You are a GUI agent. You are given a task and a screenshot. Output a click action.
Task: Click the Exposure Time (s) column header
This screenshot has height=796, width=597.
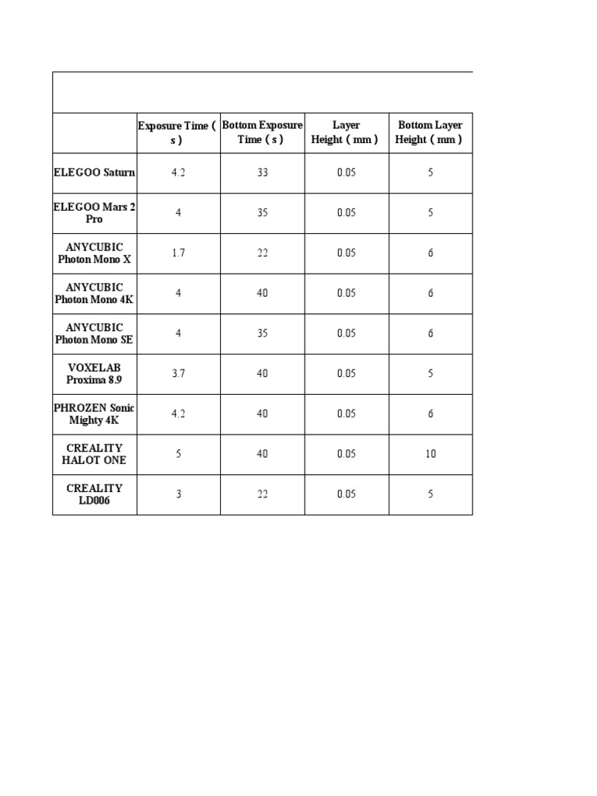tap(178, 133)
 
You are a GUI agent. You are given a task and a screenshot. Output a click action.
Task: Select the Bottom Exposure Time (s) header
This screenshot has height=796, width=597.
tap(262, 133)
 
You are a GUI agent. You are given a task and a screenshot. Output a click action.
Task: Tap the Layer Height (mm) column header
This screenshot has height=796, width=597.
tap(346, 133)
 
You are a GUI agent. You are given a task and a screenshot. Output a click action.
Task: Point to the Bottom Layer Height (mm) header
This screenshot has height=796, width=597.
tap(430, 133)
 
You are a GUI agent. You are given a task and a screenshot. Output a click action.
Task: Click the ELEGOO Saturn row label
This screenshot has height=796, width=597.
tap(94, 173)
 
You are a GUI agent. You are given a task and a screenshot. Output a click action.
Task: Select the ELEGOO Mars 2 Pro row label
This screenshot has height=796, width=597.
tap(94, 213)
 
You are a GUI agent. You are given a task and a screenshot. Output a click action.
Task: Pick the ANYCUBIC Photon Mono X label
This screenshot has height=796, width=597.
tap(94, 253)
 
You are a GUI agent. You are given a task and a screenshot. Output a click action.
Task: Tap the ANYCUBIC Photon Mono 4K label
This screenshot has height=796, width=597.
tap(94, 294)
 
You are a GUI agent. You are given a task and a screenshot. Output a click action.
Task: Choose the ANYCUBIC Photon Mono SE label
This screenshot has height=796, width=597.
tap(94, 333)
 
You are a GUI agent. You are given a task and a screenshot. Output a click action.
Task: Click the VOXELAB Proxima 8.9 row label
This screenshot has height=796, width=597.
tap(94, 374)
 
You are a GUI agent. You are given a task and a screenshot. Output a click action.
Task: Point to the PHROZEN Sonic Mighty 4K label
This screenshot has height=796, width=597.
tap(94, 414)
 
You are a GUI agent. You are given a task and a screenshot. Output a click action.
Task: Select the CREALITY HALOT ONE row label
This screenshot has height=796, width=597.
tap(94, 454)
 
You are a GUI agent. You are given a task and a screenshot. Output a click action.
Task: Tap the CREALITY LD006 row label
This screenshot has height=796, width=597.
tap(94, 494)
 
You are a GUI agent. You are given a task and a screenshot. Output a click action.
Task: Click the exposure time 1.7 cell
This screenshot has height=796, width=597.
tap(178, 253)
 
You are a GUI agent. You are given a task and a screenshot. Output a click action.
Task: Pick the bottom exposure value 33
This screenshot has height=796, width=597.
tap(262, 173)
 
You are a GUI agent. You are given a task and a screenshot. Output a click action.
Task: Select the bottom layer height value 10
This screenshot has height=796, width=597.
tap(430, 454)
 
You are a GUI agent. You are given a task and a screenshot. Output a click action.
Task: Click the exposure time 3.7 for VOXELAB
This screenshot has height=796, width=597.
tap(178, 374)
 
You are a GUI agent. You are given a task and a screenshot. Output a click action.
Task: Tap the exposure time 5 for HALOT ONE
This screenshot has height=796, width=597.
tap(178, 454)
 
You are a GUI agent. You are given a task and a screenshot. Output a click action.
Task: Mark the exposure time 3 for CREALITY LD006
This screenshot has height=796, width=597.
tap(178, 494)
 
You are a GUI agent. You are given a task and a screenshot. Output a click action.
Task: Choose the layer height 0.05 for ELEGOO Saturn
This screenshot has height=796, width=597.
tap(346, 173)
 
